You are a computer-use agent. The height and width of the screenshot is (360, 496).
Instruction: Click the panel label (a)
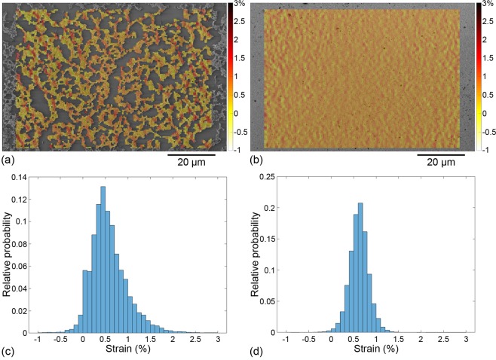click(x=8, y=160)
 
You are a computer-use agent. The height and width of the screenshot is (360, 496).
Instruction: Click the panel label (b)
click(x=256, y=160)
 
